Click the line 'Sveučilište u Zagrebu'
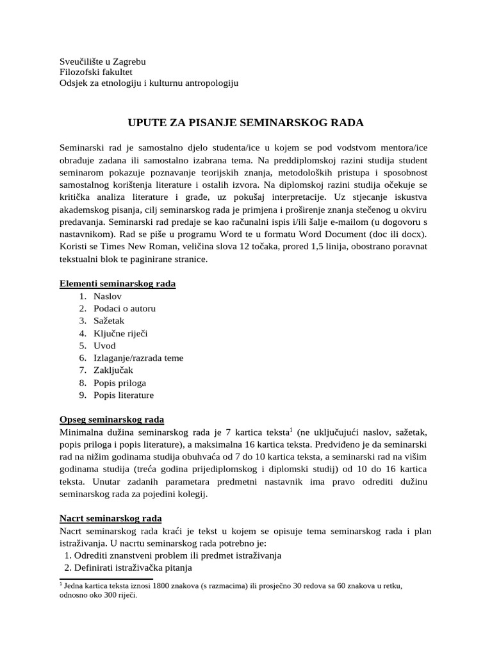(102, 61)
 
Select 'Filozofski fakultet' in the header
(95, 72)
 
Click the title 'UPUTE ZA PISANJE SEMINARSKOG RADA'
(246, 122)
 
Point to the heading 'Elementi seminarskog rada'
(117, 283)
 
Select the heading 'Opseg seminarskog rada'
(111, 420)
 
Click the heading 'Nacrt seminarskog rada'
(110, 518)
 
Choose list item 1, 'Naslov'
(107, 296)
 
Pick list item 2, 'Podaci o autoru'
(124, 308)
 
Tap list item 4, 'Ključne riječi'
(120, 333)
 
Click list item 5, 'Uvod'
(104, 345)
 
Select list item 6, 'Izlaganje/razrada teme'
(138, 358)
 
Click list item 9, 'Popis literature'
(124, 395)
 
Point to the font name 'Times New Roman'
(134, 247)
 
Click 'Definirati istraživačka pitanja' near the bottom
(133, 568)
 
